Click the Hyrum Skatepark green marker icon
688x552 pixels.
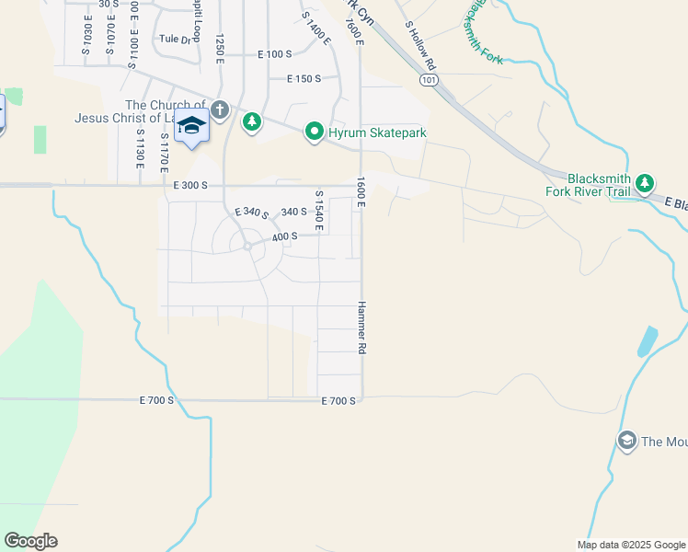tap(314, 132)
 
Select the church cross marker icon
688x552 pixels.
tap(219, 110)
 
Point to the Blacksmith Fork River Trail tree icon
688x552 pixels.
tap(645, 183)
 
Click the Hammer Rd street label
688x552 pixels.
tap(361, 328)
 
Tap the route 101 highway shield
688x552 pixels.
tap(427, 81)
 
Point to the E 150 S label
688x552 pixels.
tap(304, 79)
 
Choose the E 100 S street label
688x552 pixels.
tap(273, 54)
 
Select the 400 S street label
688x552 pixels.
tap(285, 236)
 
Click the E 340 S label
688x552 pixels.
tap(251, 214)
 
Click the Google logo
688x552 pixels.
tap(30, 541)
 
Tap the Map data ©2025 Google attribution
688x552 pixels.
tap(630, 545)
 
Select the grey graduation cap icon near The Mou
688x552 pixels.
tap(627, 441)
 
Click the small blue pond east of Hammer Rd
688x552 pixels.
tap(648, 341)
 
